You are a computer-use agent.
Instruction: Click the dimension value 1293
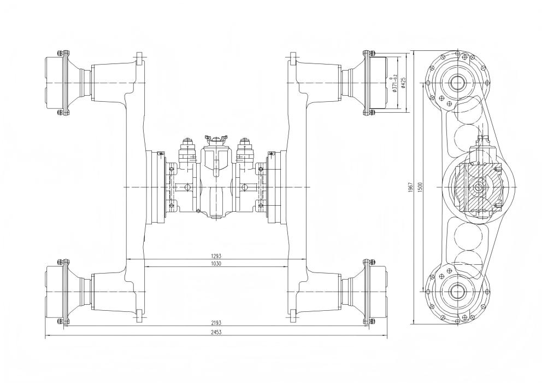tap(216, 256)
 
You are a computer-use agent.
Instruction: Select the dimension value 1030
tap(216, 264)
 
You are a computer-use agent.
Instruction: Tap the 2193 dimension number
tap(216, 323)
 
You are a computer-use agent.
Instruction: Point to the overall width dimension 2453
tap(216, 332)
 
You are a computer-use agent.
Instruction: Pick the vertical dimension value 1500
tap(420, 188)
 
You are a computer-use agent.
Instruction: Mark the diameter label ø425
tap(403, 83)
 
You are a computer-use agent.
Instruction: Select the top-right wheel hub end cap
tap(379, 83)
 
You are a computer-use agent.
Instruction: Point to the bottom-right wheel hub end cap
tap(379, 292)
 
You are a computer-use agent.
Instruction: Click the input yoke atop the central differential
tap(216, 139)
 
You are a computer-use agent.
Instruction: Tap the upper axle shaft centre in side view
tap(458, 83)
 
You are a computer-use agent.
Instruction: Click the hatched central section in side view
tap(479, 187)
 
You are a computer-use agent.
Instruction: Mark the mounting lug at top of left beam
tap(139, 59)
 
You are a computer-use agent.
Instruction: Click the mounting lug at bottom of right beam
tap(293, 316)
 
